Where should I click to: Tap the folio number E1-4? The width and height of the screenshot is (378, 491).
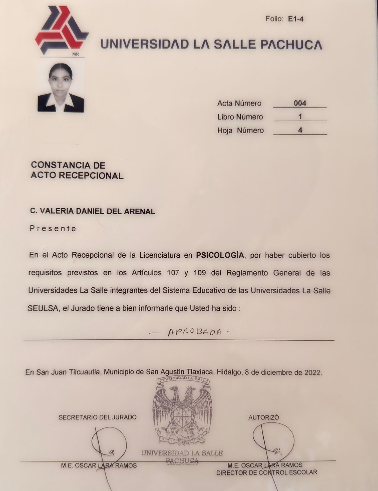[x=296, y=19]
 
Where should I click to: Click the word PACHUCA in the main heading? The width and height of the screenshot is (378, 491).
[x=291, y=44]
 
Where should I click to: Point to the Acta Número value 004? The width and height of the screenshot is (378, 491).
[x=300, y=103]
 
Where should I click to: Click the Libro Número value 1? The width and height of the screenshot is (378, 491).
[x=300, y=117]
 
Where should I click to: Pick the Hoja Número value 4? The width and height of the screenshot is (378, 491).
[x=300, y=130]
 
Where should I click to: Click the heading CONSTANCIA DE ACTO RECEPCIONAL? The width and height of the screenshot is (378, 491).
[x=77, y=170]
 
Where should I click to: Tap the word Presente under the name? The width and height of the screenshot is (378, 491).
[x=53, y=228]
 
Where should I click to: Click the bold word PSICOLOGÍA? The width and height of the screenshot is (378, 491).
[x=220, y=255]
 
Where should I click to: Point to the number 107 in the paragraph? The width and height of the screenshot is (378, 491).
[x=173, y=273]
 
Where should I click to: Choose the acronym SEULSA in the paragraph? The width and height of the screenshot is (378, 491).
[x=44, y=308]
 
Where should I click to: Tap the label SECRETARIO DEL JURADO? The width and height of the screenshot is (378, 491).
[x=97, y=417]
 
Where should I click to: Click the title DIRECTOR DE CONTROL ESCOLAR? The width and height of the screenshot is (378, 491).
[x=266, y=472]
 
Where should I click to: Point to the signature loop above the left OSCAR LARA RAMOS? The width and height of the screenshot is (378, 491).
[x=109, y=443]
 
